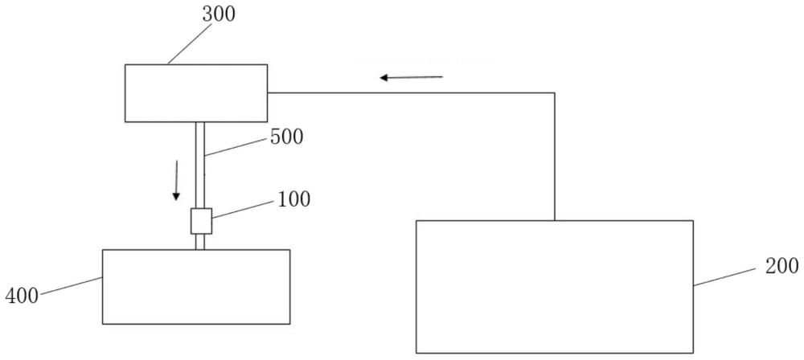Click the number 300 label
[219, 15]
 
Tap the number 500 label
[287, 137]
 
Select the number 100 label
[293, 199]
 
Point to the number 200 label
[782, 266]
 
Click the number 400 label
[22, 296]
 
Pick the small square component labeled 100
[201, 221]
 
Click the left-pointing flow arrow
[411, 77]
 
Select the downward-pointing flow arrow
[176, 180]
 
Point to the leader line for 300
[190, 43]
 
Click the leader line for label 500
[236, 147]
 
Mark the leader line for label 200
[725, 277]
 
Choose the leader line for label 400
[72, 286]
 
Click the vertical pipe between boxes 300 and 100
[200, 165]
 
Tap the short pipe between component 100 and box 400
[200, 242]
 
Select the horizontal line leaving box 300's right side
[411, 93]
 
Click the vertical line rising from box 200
[554, 157]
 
